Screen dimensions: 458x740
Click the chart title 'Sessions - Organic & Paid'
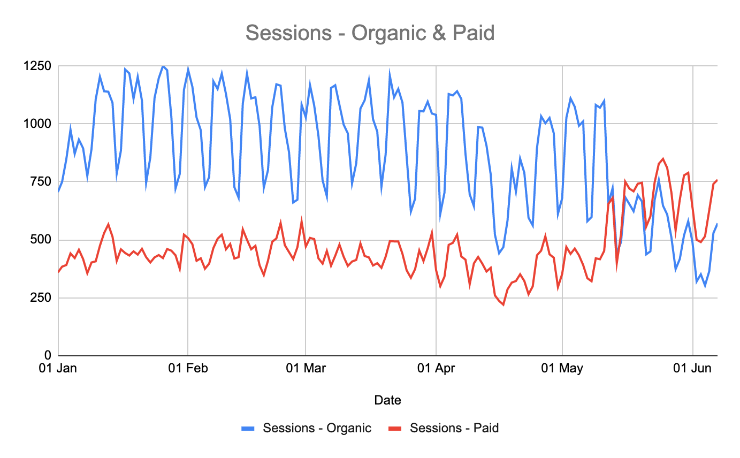tap(370, 33)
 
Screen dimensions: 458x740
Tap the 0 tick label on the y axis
tap(48, 355)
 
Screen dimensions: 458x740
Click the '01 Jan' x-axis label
tap(58, 368)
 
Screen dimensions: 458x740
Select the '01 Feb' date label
tap(188, 368)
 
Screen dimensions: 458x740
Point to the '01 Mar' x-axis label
tap(305, 368)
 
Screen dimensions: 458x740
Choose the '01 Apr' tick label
tap(436, 368)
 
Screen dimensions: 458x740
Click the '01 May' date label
tap(562, 368)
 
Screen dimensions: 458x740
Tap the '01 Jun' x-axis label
tap(693, 368)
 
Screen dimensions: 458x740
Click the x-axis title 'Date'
tap(387, 400)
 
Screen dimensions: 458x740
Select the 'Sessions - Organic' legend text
tap(317, 428)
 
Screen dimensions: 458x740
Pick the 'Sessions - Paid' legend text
tap(454, 428)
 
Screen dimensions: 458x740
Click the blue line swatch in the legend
tap(248, 428)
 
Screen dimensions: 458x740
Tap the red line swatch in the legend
tap(395, 428)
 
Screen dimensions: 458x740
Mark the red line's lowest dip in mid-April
tap(503, 304)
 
